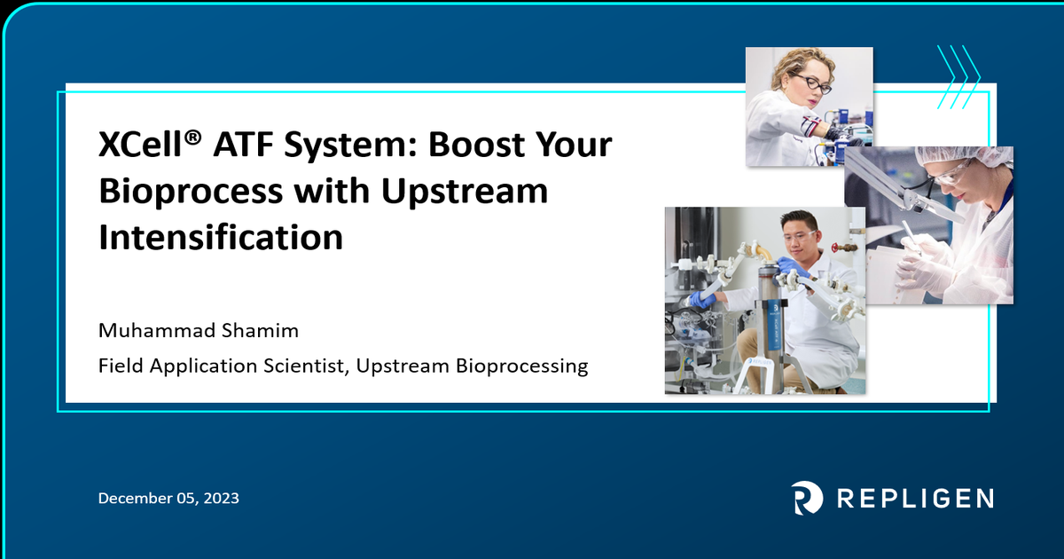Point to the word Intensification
click(220, 237)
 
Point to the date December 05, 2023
click(168, 499)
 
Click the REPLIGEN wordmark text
click(915, 498)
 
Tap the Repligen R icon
click(806, 498)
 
